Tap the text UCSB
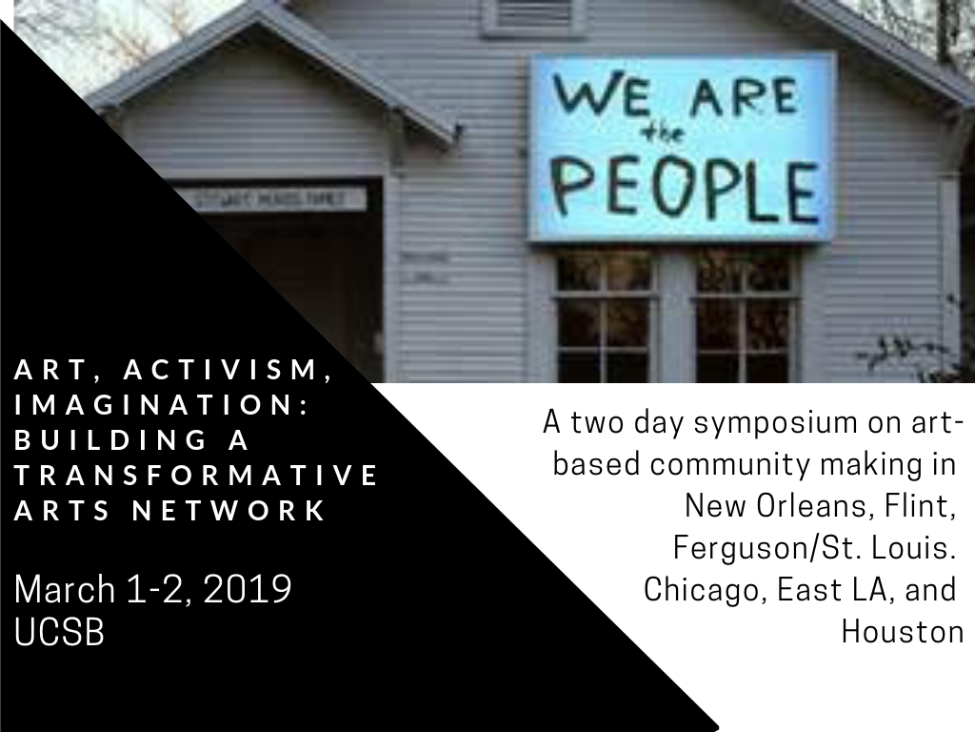(59, 633)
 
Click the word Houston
(902, 631)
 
